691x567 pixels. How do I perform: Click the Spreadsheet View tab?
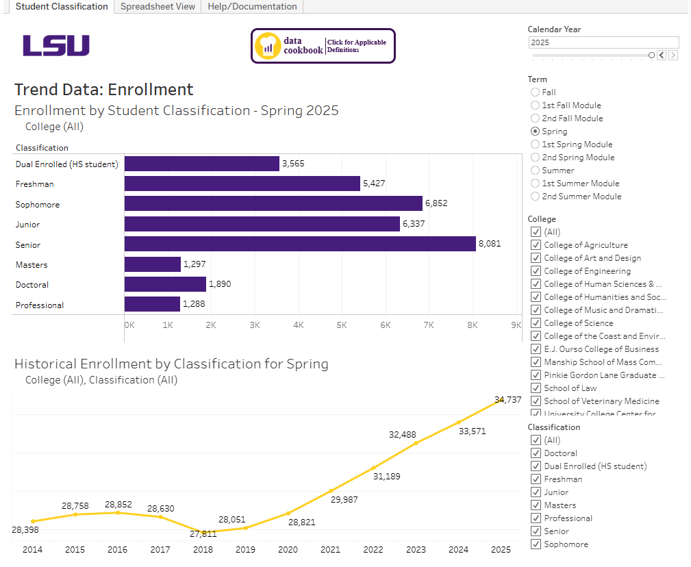158,7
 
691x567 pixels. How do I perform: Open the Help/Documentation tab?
252,7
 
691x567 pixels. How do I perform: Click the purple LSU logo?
56,46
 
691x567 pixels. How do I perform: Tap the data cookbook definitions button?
323,46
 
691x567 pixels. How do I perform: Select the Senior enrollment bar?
300,244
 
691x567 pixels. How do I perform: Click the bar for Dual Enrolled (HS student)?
201,164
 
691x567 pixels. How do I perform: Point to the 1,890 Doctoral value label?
220,284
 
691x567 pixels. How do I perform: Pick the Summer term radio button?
536,171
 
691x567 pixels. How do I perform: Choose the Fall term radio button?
536,92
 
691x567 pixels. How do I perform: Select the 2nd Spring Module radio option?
536,157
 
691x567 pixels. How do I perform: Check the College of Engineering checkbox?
536,271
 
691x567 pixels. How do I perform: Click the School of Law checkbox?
536,388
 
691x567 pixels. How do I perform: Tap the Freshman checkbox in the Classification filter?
536,479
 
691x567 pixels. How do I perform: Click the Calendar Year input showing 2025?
603,42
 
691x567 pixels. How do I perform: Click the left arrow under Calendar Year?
661,55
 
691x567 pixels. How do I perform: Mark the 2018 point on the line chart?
203,531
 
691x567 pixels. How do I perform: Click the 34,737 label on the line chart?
507,400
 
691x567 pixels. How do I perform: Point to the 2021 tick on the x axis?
330,550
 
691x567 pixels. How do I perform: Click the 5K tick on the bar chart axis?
342,326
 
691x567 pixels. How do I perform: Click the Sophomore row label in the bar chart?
38,205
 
